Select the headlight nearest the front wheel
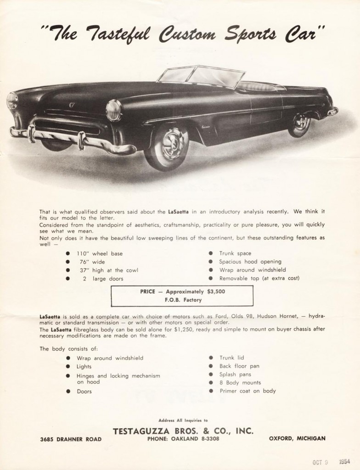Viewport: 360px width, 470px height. click(x=113, y=110)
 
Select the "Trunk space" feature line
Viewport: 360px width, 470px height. click(x=235, y=253)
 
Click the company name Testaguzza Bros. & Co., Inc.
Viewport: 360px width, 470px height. click(x=183, y=431)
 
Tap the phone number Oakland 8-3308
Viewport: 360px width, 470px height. click(x=183, y=439)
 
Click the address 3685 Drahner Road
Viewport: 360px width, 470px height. click(x=71, y=439)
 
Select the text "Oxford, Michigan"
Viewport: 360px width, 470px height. click(x=297, y=438)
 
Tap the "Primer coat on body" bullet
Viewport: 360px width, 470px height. click(x=247, y=391)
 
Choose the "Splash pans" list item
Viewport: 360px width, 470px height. click(x=235, y=375)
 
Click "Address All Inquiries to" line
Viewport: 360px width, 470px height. click(x=183, y=420)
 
